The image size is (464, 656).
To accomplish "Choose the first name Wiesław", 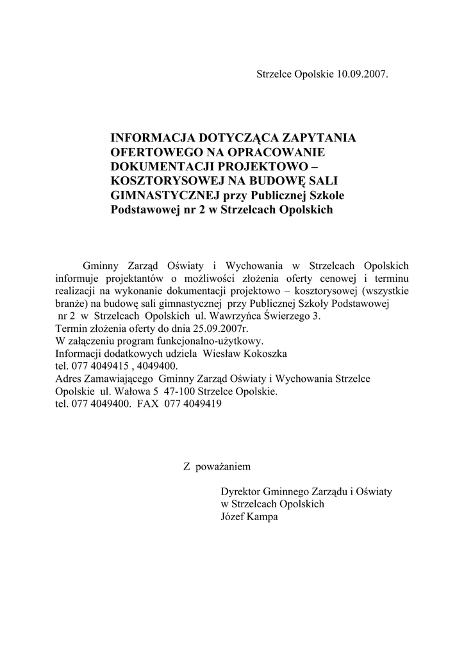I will [222, 354].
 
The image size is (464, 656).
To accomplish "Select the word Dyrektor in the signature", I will [240, 491].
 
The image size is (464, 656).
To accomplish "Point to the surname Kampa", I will [263, 516].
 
